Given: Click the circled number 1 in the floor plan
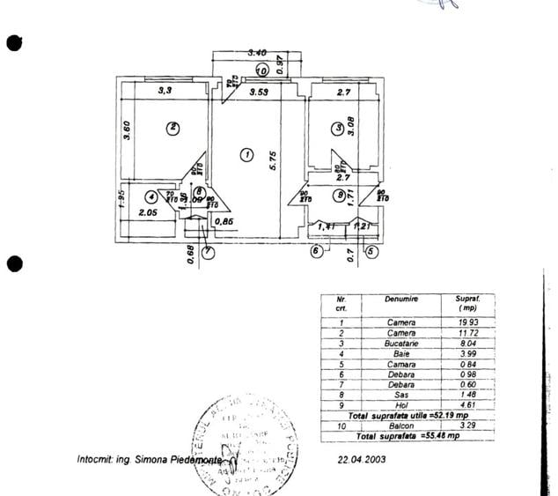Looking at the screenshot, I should coord(246,155).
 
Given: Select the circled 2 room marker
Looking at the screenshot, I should coord(173,128).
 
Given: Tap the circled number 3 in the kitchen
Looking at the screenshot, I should coord(338,128).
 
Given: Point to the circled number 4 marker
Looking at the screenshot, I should coord(152,197).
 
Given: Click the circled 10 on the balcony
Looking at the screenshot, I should coord(261,70).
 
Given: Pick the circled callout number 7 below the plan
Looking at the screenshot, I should coord(208,251).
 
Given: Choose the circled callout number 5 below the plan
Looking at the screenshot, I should coord(371,251).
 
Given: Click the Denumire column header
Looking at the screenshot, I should coord(400,300).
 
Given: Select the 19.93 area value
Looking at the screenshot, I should coord(466,322).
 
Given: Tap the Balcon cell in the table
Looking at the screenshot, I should coord(400,426).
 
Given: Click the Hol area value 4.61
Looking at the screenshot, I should coord(466,404).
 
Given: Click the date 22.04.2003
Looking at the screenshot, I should coord(361,459).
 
